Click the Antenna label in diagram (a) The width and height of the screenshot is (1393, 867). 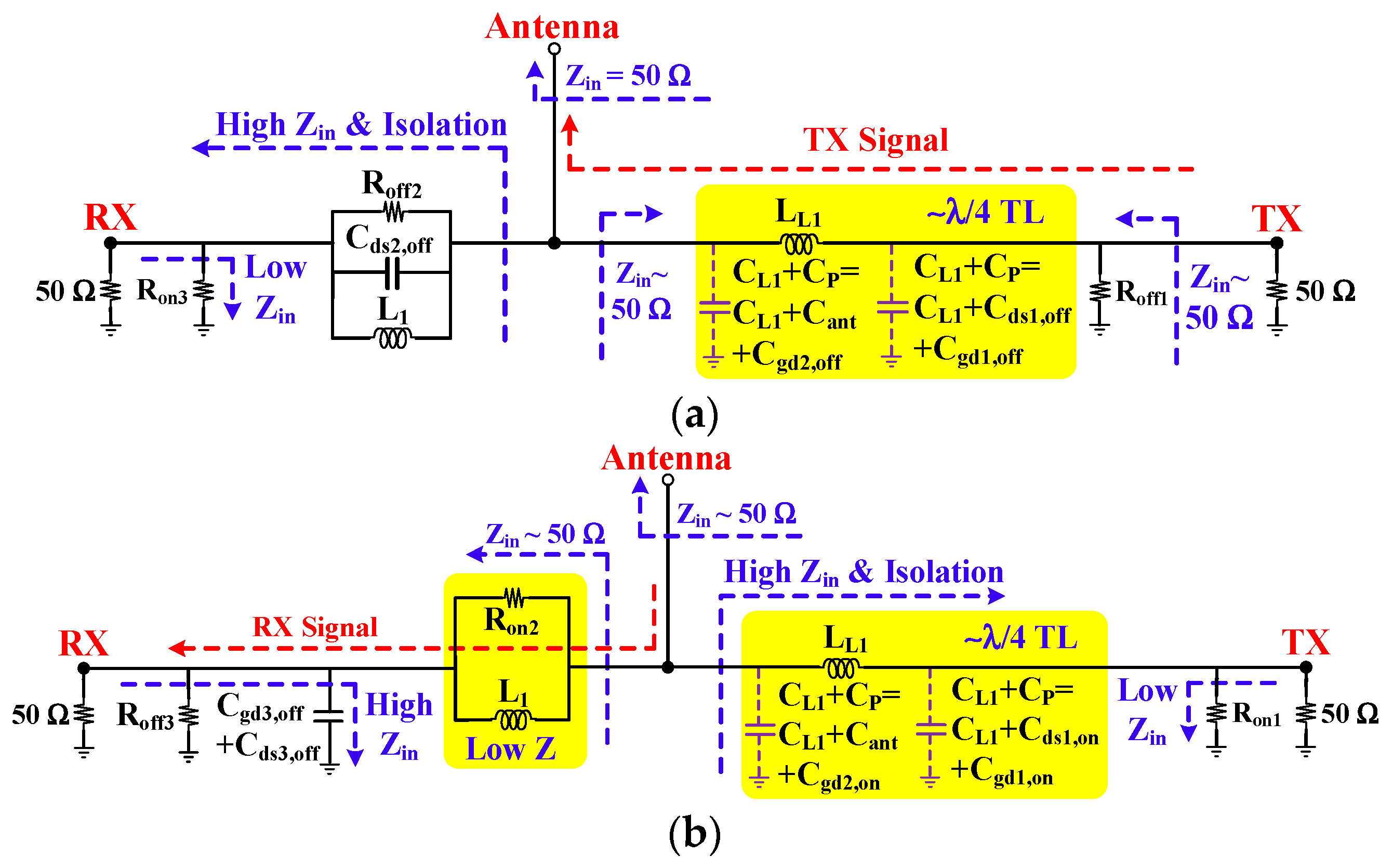click(x=552, y=27)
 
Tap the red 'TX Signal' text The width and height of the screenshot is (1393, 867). click(x=875, y=140)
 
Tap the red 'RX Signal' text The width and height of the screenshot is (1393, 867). click(x=314, y=627)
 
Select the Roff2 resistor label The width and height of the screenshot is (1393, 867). click(x=392, y=184)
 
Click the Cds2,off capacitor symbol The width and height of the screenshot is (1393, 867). click(x=392, y=273)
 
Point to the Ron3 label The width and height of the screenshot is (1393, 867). click(x=162, y=291)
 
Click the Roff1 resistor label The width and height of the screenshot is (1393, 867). click(x=1140, y=293)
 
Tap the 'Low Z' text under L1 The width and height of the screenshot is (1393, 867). click(x=511, y=749)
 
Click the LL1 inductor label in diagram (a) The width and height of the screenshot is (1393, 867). click(x=798, y=213)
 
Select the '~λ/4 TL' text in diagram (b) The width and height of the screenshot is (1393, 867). click(x=1020, y=638)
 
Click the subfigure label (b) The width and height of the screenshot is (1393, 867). click(x=695, y=834)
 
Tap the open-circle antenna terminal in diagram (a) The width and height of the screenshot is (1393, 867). click(x=554, y=49)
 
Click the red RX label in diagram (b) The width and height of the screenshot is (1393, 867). click(x=84, y=643)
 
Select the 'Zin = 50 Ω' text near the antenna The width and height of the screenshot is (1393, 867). click(x=628, y=76)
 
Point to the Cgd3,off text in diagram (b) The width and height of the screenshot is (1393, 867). click(x=260, y=707)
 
